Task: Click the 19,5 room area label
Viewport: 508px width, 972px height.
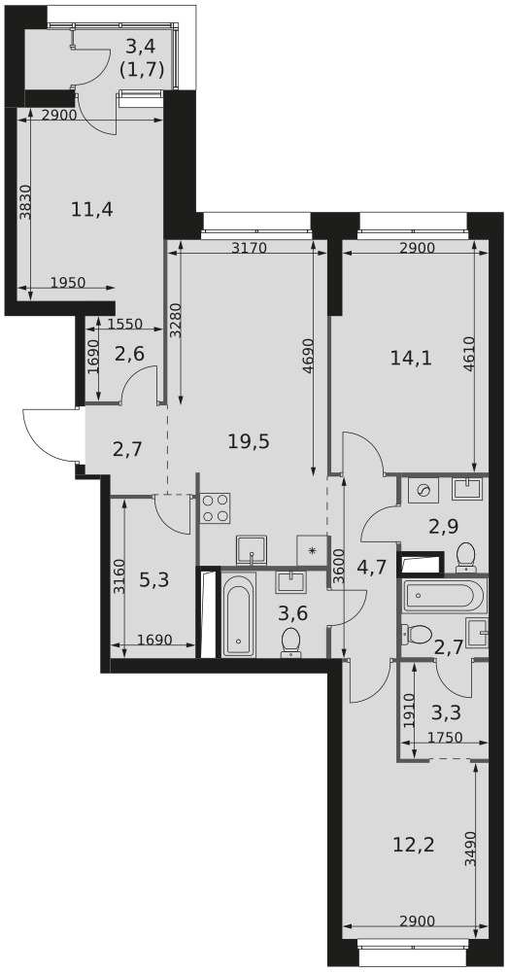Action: (x=249, y=442)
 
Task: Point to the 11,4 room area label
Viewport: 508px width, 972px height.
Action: (x=91, y=210)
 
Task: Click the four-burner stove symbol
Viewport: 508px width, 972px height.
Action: (x=215, y=508)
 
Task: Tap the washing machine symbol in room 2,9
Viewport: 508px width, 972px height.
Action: (x=424, y=490)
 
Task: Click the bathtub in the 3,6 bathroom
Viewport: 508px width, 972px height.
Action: (x=239, y=614)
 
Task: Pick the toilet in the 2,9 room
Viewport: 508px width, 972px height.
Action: (x=465, y=557)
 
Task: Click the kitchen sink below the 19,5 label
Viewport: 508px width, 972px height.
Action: (x=252, y=550)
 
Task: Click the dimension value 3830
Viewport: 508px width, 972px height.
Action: (x=24, y=203)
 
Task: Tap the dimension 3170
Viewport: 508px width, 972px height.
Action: (x=249, y=249)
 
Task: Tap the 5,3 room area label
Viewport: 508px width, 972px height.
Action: (x=154, y=581)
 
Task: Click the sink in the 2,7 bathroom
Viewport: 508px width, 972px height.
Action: (x=477, y=633)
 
